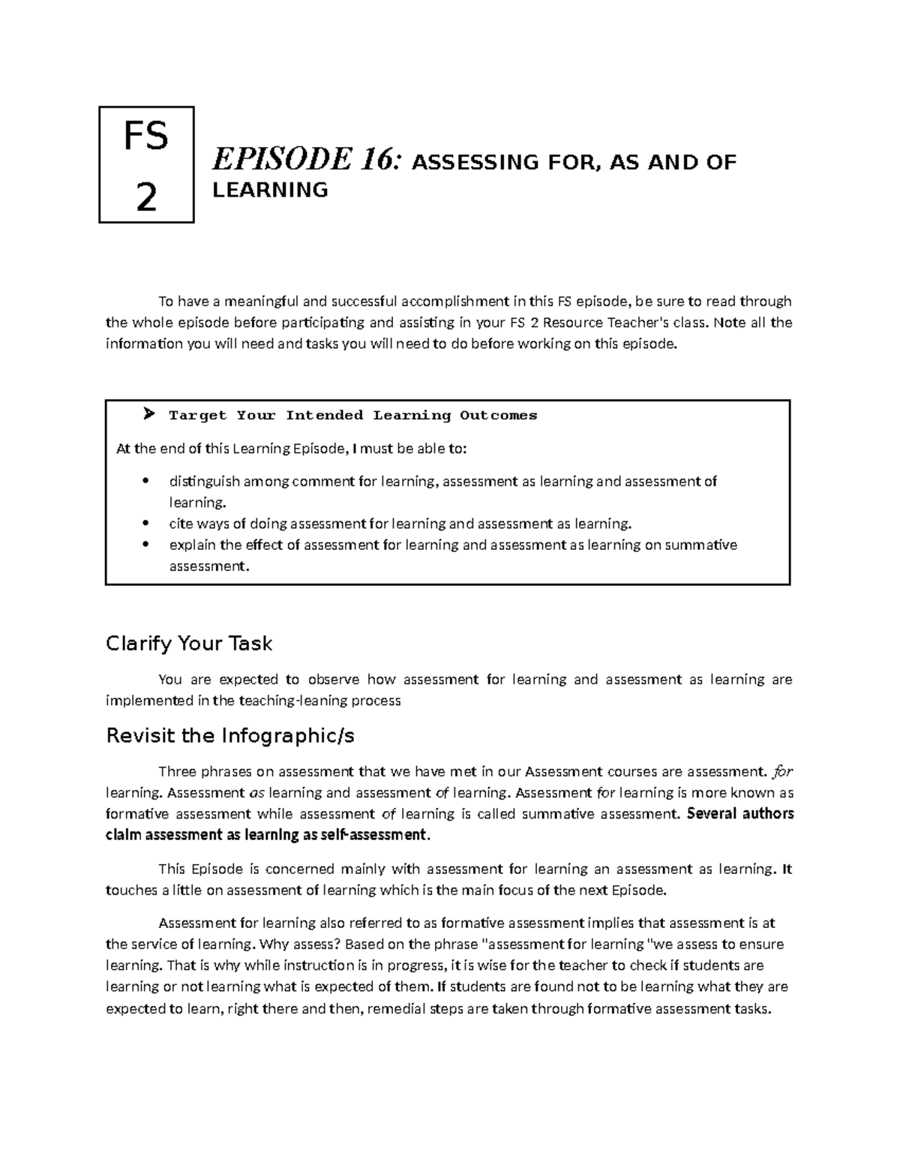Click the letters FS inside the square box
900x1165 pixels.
tap(146, 139)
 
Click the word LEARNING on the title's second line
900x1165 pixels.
tap(270, 190)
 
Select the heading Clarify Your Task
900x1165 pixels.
tap(189, 643)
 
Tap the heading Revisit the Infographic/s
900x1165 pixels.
tap(230, 736)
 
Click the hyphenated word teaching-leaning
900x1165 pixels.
tap(286, 701)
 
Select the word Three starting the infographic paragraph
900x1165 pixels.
tap(177, 771)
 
